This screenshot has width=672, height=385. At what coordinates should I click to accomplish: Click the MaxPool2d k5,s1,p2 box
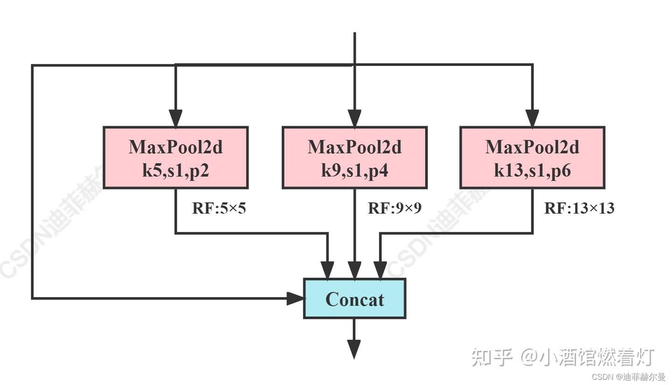click(175, 158)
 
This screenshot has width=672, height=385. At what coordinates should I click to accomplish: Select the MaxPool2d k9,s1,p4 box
click(355, 158)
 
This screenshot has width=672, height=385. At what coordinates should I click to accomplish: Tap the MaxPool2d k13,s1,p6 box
click(532, 158)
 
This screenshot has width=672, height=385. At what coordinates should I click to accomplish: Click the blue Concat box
click(355, 299)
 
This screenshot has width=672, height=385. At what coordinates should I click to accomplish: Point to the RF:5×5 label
click(219, 208)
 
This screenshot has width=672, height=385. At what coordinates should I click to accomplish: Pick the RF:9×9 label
click(394, 208)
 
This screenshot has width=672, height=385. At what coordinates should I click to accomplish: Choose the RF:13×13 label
click(579, 208)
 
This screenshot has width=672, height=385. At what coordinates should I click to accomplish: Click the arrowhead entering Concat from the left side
click(295, 298)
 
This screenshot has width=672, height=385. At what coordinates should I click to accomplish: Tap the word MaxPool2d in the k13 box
click(532, 147)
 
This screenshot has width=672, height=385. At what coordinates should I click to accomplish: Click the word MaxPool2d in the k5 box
click(175, 147)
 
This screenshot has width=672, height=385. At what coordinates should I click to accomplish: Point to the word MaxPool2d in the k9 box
click(355, 147)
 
